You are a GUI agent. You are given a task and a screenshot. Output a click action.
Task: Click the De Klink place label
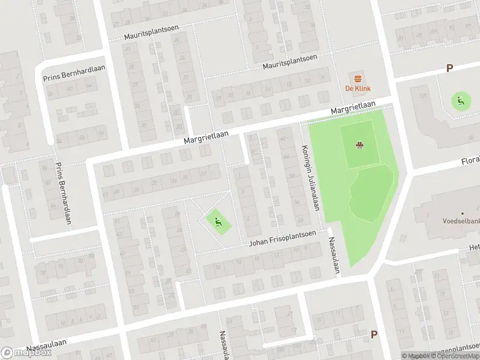click(358, 89)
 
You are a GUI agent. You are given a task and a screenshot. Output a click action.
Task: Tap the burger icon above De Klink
click(358, 78)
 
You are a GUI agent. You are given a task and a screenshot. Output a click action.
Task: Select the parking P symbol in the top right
click(449, 69)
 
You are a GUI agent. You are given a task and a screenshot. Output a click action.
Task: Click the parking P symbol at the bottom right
click(374, 335)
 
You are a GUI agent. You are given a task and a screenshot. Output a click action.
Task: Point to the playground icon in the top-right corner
click(460, 101)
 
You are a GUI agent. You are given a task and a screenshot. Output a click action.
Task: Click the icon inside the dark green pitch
click(359, 145)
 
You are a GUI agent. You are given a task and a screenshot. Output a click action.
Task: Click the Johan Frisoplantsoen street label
click(283, 238)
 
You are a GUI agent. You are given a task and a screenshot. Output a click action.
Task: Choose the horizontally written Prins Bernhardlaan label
click(74, 73)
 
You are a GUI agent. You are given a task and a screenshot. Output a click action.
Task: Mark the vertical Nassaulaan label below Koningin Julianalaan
click(333, 254)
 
